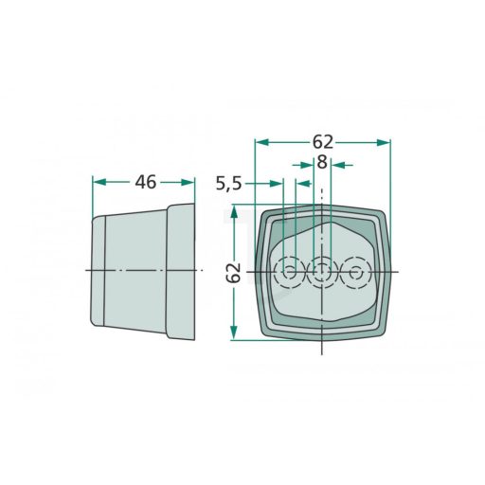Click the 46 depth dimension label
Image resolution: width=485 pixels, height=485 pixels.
pyautogui.click(x=146, y=183)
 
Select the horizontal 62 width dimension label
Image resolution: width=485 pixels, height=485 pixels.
pyautogui.click(x=323, y=142)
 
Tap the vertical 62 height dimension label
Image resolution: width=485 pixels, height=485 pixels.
pyautogui.click(x=234, y=273)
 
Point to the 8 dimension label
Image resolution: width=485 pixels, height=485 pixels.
pyautogui.click(x=322, y=162)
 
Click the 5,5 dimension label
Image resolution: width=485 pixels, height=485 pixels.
pyautogui.click(x=229, y=184)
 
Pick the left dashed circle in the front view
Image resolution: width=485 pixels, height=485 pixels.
pyautogui.click(x=289, y=272)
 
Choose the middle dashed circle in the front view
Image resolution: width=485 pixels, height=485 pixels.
pyautogui.click(x=322, y=272)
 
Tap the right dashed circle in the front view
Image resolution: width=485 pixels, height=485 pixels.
pyautogui.click(x=356, y=272)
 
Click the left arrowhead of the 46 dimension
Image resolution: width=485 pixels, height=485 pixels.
pyautogui.click(x=99, y=182)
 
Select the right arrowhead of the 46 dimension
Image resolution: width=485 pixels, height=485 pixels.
pyautogui.click(x=188, y=182)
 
